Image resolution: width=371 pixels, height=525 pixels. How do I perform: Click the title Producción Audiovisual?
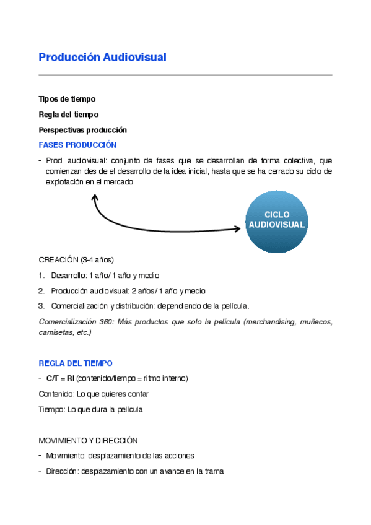[102, 58]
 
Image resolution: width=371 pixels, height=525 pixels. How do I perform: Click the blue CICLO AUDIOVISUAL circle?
[276, 220]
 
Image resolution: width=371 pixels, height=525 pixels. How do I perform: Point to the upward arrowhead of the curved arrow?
[95, 197]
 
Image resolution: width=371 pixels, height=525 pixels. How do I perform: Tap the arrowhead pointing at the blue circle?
[237, 229]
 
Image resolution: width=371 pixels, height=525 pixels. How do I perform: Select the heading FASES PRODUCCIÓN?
[77, 145]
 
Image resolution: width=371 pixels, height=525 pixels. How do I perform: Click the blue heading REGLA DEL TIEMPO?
[76, 363]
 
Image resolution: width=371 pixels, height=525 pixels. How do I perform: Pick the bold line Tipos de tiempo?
[67, 99]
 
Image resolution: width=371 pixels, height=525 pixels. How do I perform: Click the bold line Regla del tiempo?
[68, 115]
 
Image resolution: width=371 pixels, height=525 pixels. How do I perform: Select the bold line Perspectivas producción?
[82, 130]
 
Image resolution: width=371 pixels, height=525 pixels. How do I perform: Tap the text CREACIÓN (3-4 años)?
[76, 259]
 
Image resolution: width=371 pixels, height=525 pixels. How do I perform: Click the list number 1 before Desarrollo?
[41, 276]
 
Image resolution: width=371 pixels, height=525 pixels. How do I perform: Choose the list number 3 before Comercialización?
[41, 306]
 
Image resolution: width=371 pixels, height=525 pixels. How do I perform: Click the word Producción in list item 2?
[68, 291]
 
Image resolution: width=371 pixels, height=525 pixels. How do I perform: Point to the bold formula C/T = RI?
[60, 378]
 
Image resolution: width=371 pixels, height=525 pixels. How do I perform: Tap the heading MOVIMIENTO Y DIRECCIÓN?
[88, 440]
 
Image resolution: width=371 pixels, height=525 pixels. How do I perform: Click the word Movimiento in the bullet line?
[66, 456]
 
